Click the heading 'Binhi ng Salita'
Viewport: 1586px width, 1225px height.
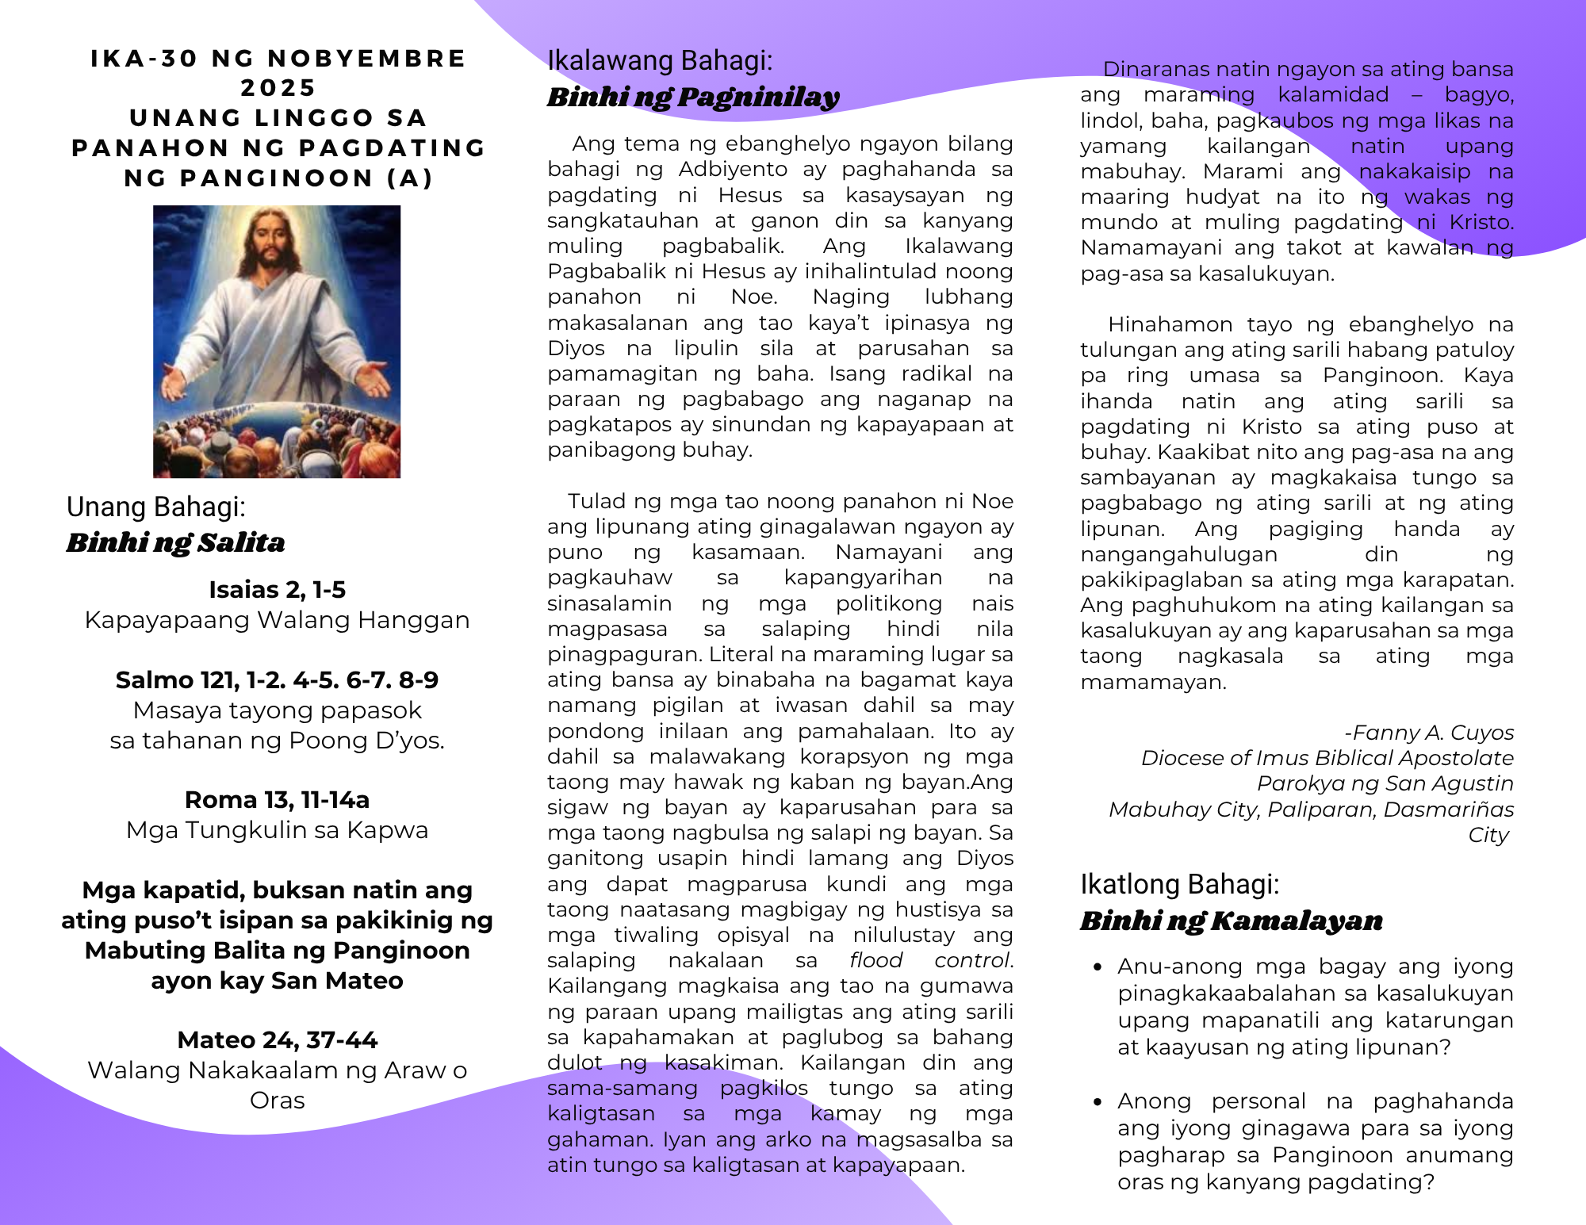(175, 542)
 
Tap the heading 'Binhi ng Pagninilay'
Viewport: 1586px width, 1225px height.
(692, 97)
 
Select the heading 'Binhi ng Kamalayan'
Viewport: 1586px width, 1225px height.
(1231, 921)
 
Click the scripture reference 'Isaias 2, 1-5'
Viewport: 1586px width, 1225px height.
(277, 590)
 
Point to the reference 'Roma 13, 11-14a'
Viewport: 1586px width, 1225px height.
(277, 799)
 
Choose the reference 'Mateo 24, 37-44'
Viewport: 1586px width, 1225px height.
(277, 1039)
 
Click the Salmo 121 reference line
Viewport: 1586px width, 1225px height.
(277, 680)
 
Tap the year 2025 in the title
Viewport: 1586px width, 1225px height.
(278, 87)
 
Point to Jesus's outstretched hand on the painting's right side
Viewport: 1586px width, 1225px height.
(373, 381)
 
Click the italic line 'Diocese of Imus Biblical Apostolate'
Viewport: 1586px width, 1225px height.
(1327, 758)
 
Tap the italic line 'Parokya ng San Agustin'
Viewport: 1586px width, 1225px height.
(1385, 783)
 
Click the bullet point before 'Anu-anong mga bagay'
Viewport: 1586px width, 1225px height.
(1098, 967)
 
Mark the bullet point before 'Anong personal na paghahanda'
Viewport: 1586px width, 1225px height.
(1098, 1102)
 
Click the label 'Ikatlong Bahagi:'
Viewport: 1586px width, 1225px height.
(1179, 884)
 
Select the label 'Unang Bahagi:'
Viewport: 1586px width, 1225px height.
(155, 507)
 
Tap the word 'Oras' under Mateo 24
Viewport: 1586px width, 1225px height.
(277, 1101)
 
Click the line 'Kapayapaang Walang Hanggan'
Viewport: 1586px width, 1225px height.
(277, 620)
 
